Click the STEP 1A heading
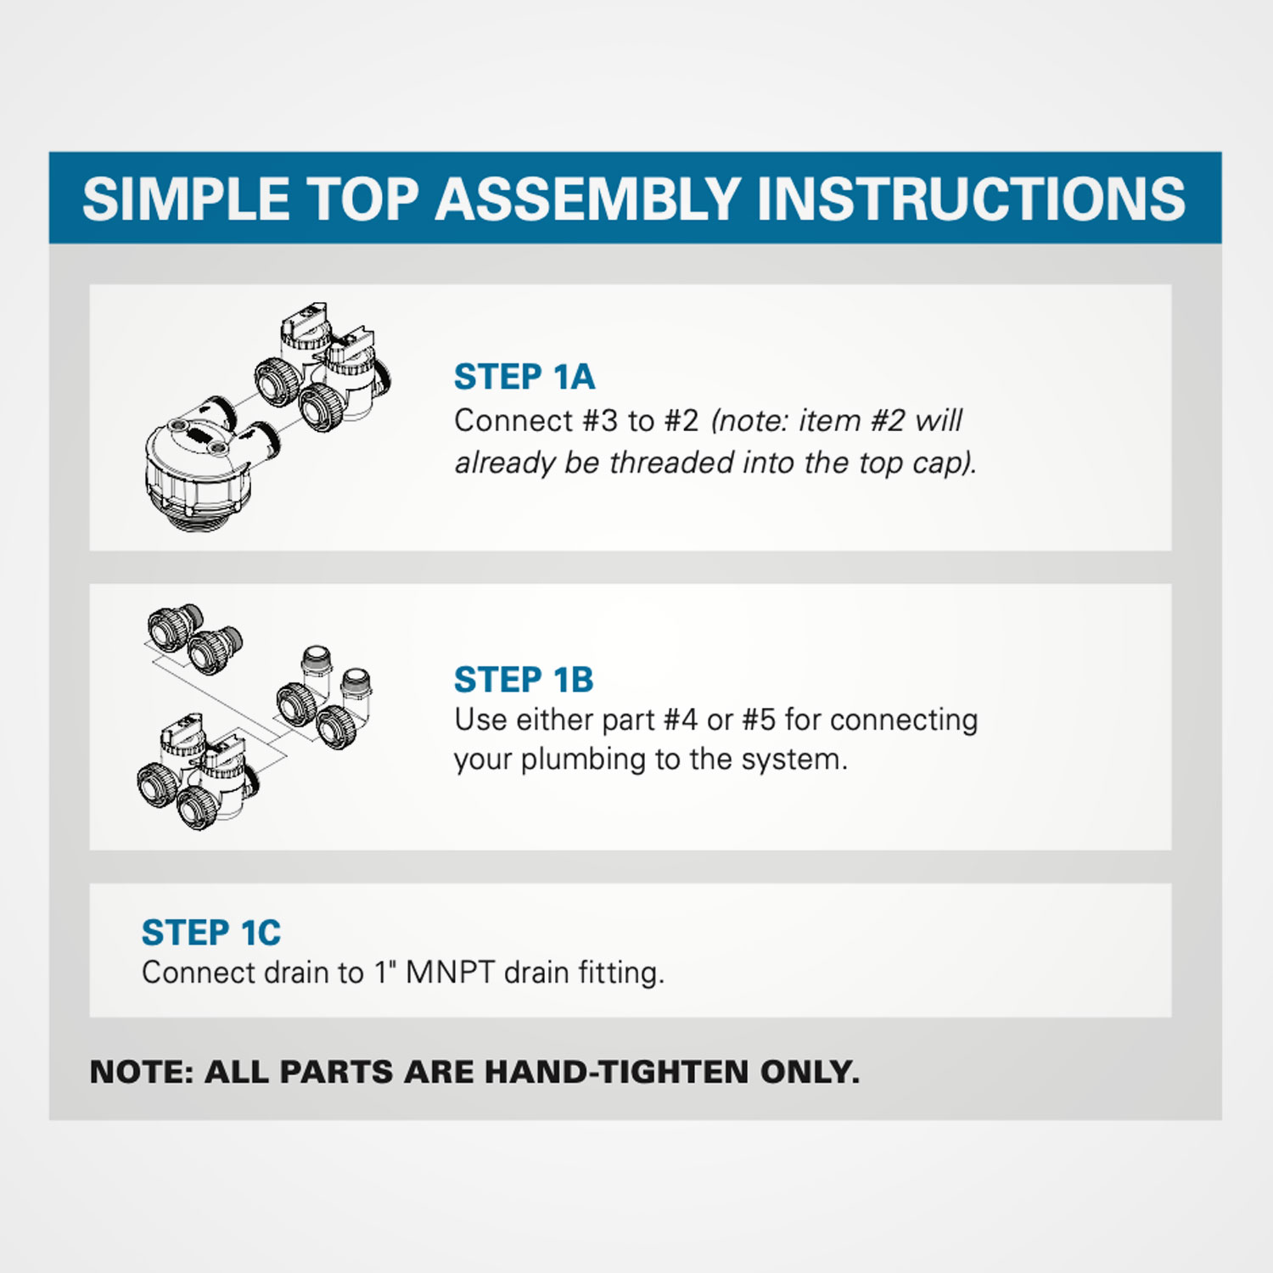point(524,377)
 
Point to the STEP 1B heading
point(524,680)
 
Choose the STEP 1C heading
point(211,933)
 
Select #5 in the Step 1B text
point(759,720)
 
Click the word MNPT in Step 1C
point(450,973)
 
